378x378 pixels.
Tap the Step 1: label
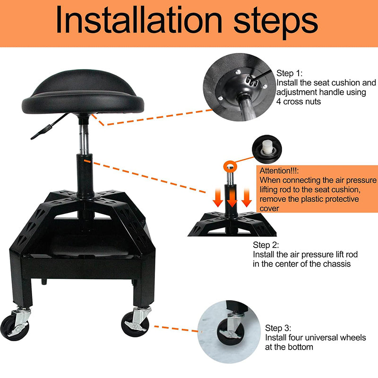(292, 73)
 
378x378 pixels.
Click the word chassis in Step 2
(335, 264)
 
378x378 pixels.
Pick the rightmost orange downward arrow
(246, 198)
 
